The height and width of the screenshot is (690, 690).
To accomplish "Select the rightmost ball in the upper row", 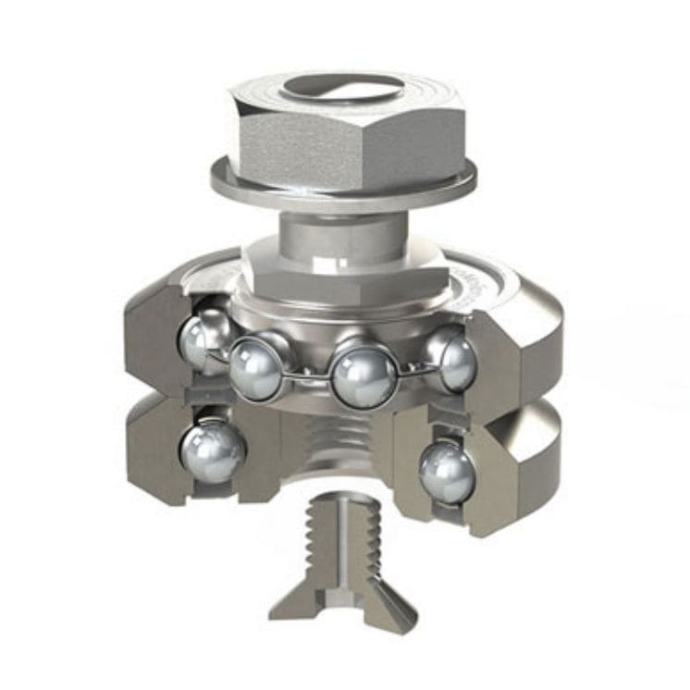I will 452,356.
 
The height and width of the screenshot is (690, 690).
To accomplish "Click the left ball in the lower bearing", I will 212,450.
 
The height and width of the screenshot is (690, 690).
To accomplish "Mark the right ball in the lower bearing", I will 445,471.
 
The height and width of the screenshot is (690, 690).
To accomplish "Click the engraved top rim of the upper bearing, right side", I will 481,277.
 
